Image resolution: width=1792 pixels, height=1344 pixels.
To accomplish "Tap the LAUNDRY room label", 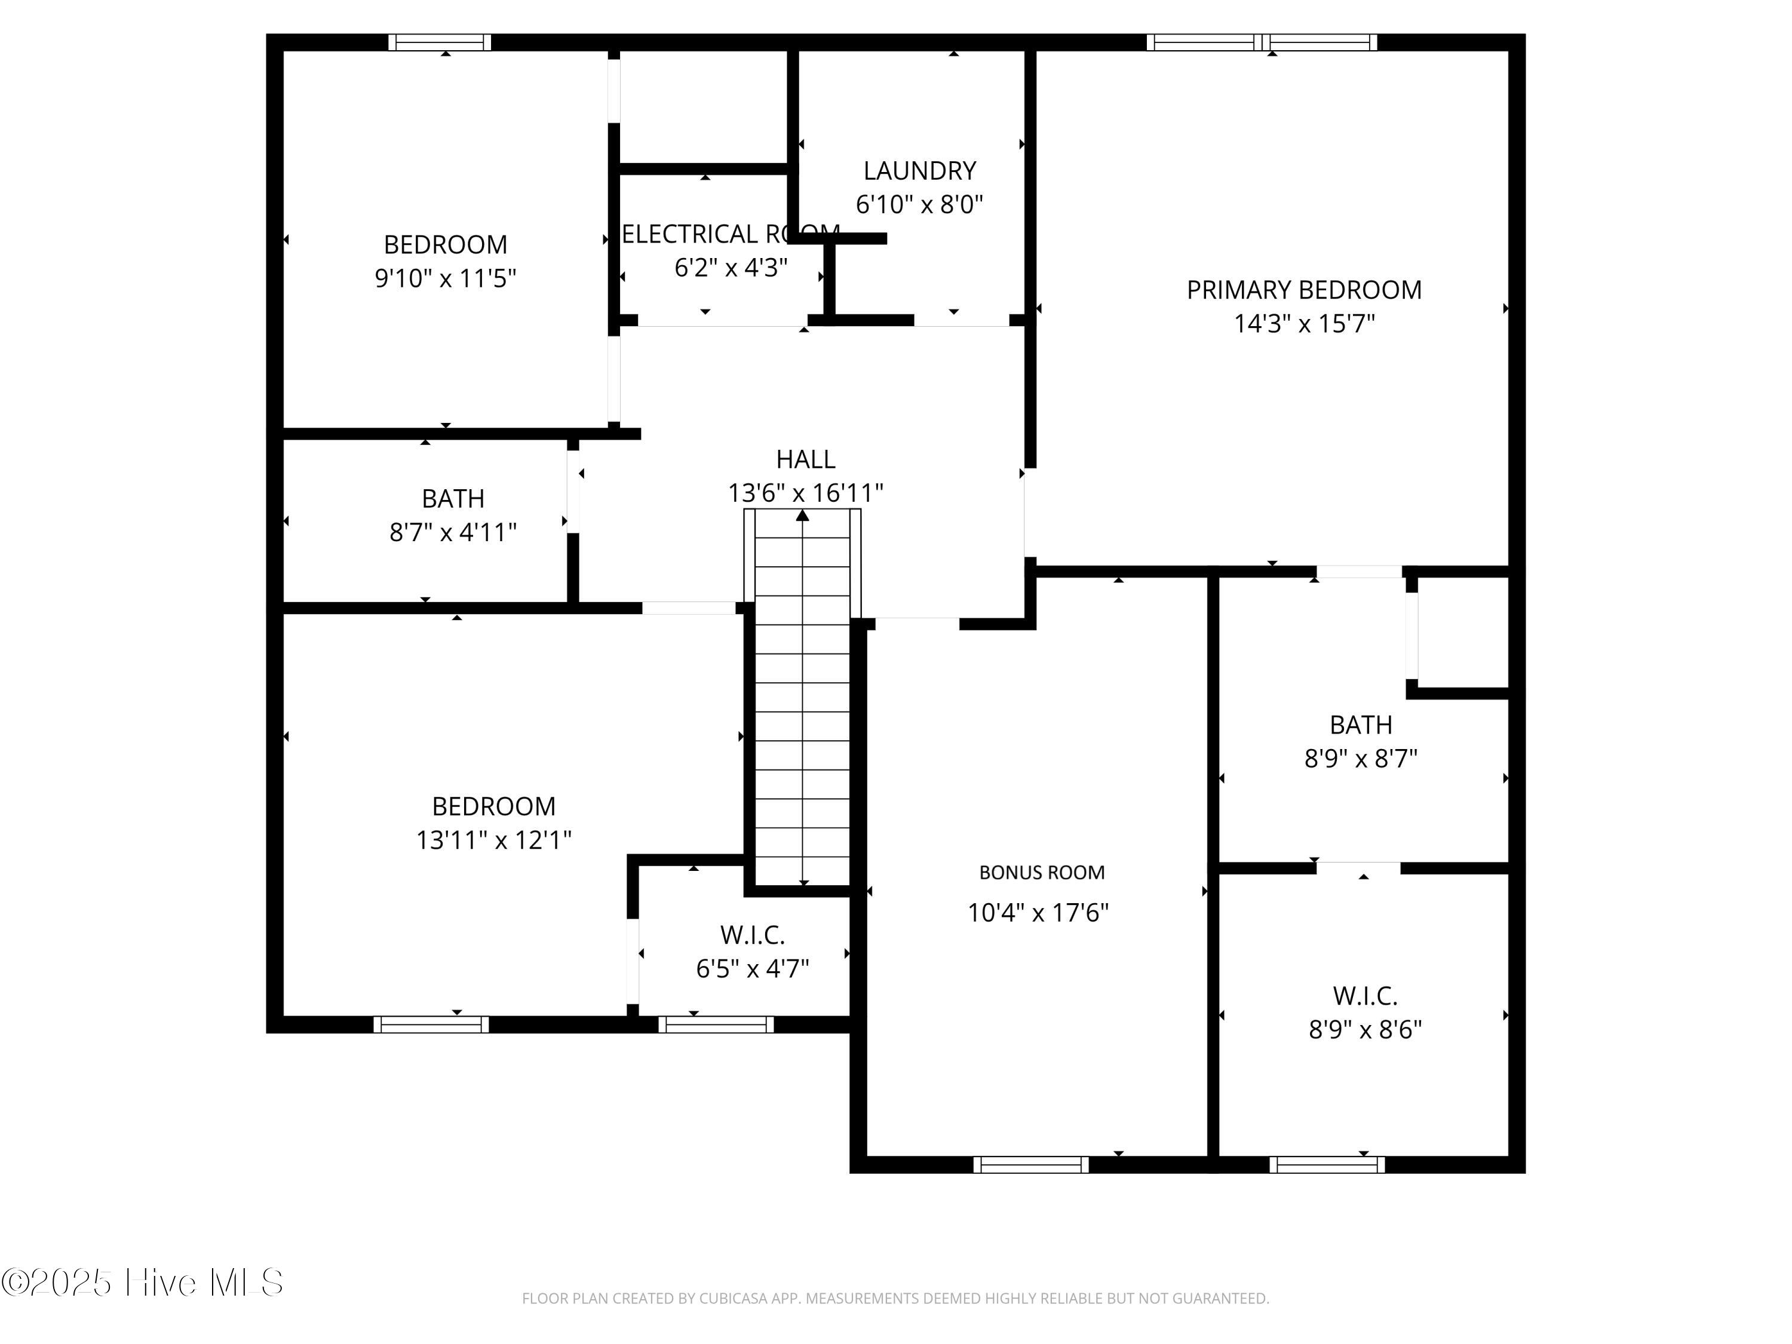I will click(919, 171).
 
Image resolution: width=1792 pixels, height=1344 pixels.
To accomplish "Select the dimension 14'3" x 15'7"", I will click(1303, 324).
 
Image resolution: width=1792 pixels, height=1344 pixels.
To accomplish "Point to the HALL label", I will click(805, 459).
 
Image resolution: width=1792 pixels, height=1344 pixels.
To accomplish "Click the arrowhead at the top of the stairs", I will click(802, 515).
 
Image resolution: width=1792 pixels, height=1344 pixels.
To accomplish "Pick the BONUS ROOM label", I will click(1041, 873).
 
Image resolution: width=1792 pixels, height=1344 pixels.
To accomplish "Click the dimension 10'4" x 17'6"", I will click(1038, 913).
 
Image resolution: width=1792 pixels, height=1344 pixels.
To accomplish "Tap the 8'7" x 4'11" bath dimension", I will click(453, 532).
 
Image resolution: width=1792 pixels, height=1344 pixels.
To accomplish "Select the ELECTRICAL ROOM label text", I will click(729, 234).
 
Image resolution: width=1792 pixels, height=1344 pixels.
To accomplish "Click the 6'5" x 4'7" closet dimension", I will click(753, 968).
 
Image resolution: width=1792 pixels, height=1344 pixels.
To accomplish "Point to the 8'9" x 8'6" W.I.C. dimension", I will click(1365, 1029).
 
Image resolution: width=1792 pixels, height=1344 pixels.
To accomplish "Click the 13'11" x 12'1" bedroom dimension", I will click(493, 840).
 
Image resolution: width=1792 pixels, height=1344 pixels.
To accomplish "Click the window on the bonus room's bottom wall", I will click(1030, 1165).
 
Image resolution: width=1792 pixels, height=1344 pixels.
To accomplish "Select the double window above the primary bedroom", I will click(1262, 43).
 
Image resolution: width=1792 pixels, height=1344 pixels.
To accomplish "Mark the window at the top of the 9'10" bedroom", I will click(439, 43).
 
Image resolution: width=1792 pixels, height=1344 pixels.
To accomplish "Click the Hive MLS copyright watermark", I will click(142, 1282).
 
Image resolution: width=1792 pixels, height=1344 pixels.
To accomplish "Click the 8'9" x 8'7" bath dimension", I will click(1360, 758).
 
